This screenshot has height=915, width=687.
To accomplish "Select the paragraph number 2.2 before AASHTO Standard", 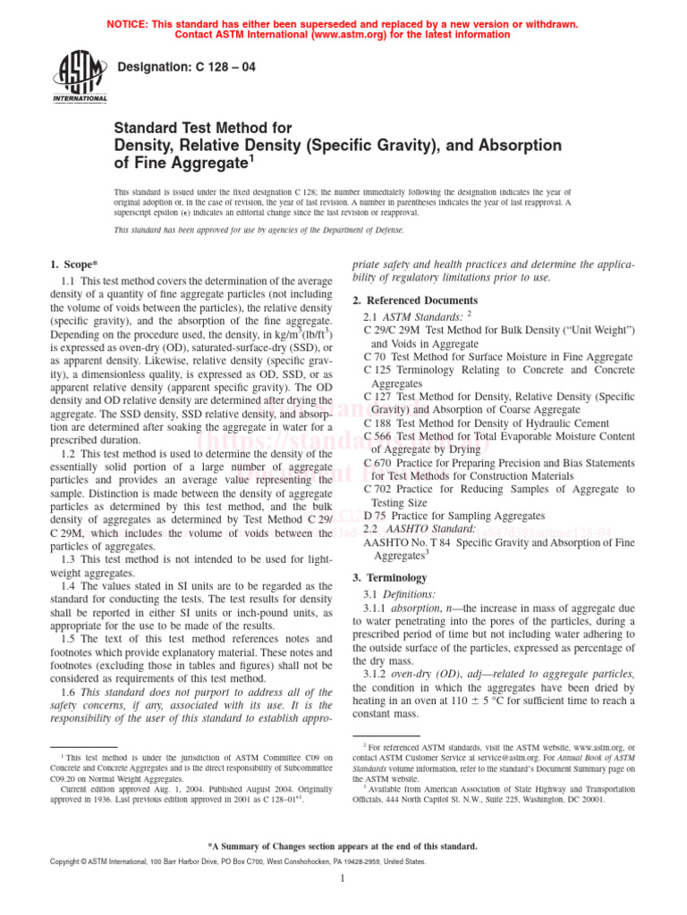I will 374,529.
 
